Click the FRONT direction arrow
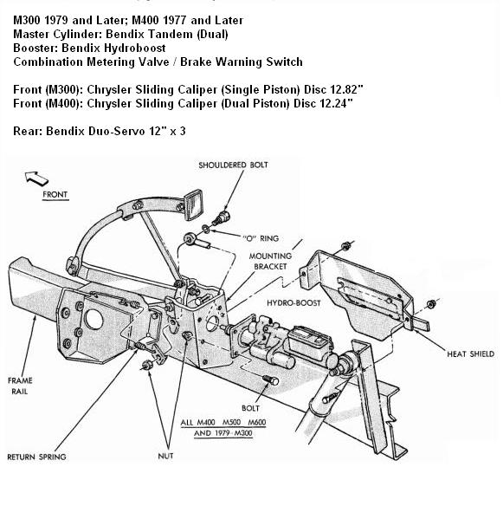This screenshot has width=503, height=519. [x=36, y=178]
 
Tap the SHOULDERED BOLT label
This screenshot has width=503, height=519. [x=233, y=165]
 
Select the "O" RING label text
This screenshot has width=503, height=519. [x=261, y=238]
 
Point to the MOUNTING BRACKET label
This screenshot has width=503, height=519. [x=270, y=261]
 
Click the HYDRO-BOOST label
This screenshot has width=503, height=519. [x=293, y=303]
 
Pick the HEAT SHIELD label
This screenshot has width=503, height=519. [x=471, y=354]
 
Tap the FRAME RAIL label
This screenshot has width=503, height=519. [x=20, y=386]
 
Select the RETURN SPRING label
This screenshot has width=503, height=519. [x=36, y=457]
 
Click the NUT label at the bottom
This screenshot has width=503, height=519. [x=165, y=456]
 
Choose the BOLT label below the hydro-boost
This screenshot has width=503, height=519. [x=250, y=408]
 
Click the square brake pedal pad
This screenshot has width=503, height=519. [x=193, y=204]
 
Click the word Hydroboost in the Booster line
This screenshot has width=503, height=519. [x=134, y=48]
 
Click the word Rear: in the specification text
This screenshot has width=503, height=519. [x=28, y=132]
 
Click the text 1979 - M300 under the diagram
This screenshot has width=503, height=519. [x=233, y=433]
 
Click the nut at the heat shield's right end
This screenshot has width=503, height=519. [x=430, y=303]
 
